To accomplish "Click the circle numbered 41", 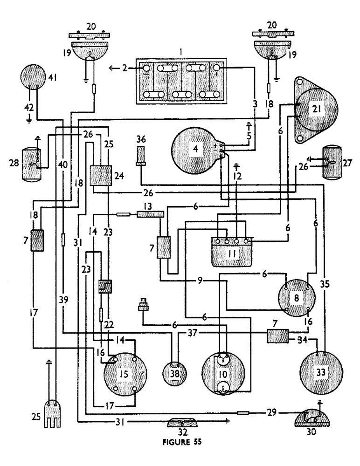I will (34, 77).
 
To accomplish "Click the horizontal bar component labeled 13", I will (150, 214).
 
